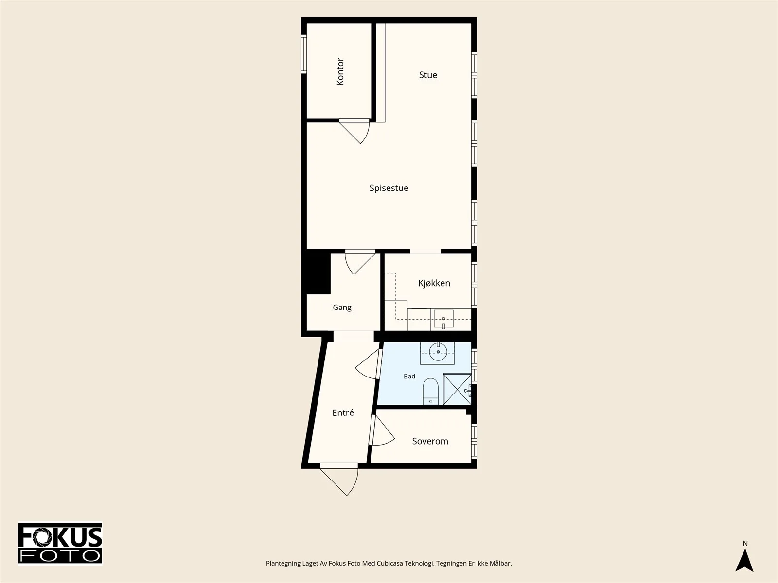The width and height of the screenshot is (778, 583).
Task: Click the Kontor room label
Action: tap(340, 71)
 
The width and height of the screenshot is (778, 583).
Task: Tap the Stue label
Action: tap(428, 75)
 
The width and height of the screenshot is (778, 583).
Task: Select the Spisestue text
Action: tap(389, 188)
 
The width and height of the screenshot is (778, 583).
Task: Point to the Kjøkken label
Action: tap(434, 283)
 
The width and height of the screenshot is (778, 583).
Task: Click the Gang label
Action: tap(342, 307)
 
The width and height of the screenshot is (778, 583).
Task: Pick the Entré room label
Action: tap(343, 412)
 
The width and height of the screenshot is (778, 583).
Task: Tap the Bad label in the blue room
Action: tap(409, 376)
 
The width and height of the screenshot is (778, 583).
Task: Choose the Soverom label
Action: tap(430, 441)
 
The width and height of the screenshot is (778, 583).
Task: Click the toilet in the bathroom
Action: tap(431, 391)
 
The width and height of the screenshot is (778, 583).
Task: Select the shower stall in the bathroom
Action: tap(457, 389)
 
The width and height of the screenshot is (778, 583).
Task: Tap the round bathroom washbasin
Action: tap(438, 352)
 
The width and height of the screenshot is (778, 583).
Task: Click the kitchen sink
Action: tap(443, 319)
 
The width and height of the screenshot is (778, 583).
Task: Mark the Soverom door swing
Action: tap(382, 430)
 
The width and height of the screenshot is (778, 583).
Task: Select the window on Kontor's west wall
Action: tap(303, 54)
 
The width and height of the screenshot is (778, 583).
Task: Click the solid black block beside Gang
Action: tap(316, 272)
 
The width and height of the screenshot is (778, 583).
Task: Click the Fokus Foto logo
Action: tap(60, 543)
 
